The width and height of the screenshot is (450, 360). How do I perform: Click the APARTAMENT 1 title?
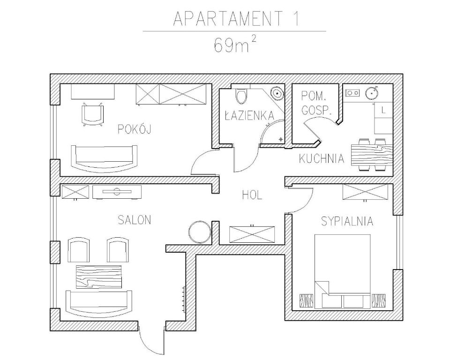(x=236, y=19)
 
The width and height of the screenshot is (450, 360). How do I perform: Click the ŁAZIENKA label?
(x=249, y=115)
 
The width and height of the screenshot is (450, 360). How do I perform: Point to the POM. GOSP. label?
(x=316, y=104)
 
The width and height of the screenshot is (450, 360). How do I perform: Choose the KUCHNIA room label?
(x=322, y=159)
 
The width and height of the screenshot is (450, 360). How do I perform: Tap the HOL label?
(x=252, y=195)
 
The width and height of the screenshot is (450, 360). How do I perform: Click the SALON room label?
(x=135, y=220)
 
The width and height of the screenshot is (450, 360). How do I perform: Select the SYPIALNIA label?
(x=347, y=221)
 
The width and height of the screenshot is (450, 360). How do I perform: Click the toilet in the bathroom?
(x=241, y=96)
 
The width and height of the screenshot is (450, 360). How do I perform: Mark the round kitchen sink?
(x=372, y=92)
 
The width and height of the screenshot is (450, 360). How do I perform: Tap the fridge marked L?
(x=383, y=111)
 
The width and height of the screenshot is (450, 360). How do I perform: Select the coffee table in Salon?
(x=98, y=277)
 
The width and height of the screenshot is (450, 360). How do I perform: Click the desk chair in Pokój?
(x=92, y=114)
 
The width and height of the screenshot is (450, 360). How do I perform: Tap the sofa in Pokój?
(x=105, y=157)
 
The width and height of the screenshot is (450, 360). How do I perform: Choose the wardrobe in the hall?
(x=251, y=234)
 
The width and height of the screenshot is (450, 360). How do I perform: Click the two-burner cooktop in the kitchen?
(x=352, y=93)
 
